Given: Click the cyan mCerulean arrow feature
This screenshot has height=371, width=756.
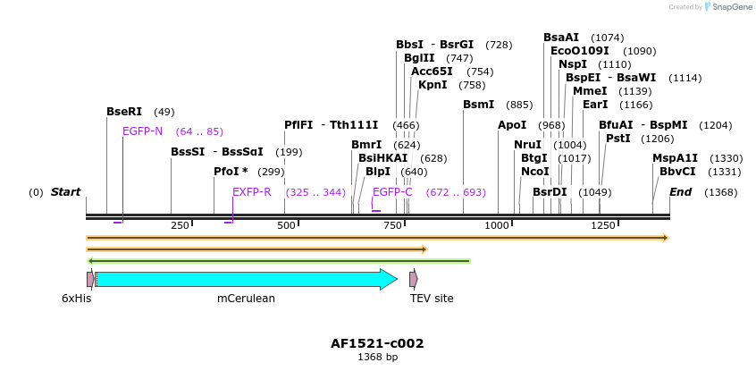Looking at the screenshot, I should [246, 279].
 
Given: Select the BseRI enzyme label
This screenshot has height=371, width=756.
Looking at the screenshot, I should [124, 112].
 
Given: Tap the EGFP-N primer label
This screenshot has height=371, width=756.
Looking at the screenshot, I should [142, 131].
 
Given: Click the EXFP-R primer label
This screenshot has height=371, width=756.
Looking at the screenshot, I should [252, 192].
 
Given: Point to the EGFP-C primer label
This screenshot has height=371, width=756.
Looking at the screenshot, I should [392, 192].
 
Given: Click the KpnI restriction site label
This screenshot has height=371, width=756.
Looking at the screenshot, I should [433, 85].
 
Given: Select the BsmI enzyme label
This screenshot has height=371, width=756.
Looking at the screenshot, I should [478, 105].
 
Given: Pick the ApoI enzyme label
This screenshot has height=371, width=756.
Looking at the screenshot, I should [512, 125].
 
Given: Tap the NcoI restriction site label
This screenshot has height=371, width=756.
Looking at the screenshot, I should [534, 172].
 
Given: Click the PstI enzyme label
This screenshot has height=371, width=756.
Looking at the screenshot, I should [617, 139].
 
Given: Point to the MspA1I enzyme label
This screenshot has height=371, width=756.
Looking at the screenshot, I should [675, 158].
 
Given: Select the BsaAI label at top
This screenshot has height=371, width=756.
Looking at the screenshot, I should [561, 38].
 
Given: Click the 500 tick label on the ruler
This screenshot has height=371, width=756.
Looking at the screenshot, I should [286, 225].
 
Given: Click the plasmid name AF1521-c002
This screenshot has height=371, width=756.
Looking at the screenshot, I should [377, 343].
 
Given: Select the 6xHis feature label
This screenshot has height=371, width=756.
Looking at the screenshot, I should [76, 299].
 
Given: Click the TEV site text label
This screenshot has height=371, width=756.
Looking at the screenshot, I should [432, 299].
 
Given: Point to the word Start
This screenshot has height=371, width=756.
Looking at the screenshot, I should [65, 192].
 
